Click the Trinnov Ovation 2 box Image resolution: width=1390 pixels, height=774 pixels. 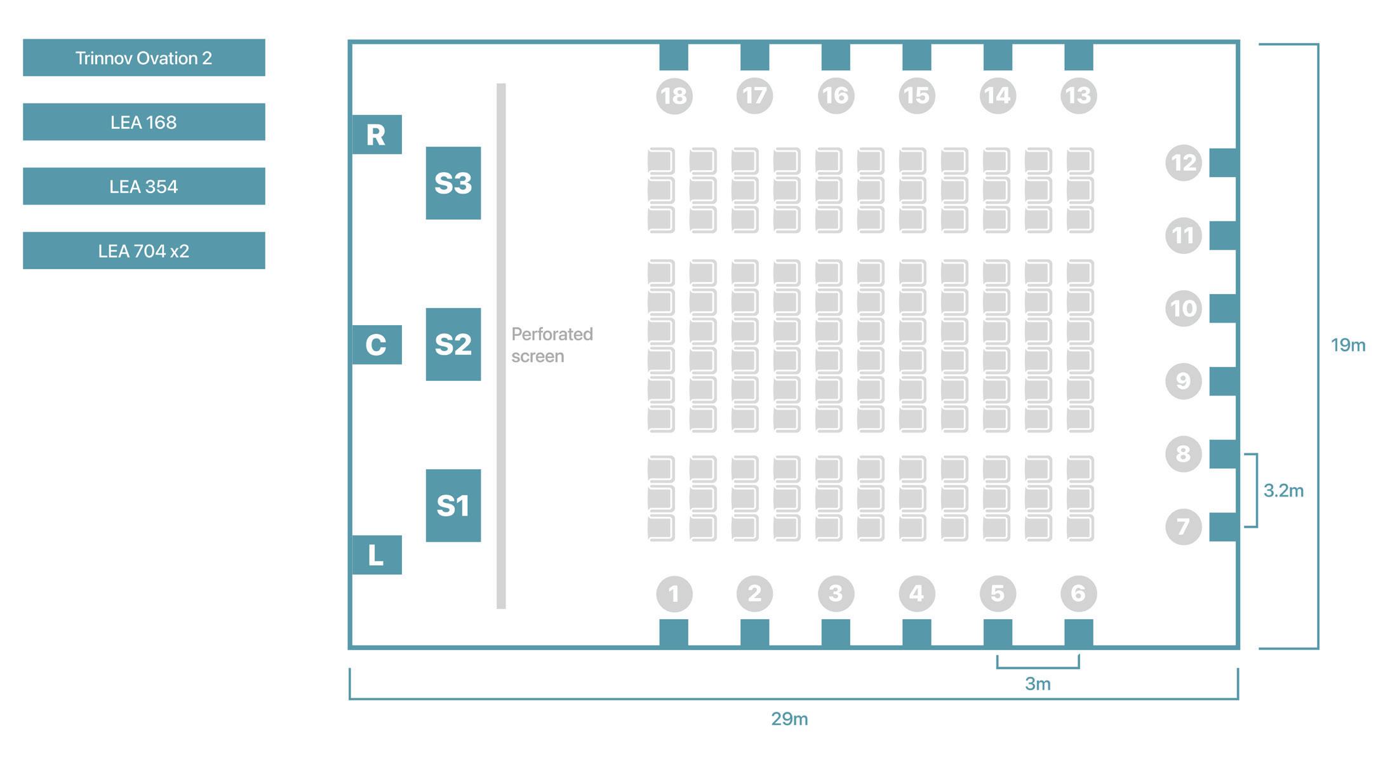click(x=144, y=58)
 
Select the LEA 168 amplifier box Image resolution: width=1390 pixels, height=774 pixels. click(x=144, y=122)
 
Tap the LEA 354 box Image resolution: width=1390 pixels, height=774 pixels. click(x=144, y=186)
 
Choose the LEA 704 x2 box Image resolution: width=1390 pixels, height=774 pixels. click(x=144, y=250)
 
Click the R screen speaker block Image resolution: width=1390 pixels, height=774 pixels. click(x=377, y=135)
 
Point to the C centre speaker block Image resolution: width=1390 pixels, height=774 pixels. click(x=377, y=345)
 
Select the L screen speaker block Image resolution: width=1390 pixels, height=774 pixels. click(x=377, y=555)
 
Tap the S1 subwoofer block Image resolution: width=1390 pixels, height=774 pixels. click(x=453, y=505)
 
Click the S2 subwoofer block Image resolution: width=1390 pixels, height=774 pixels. click(x=453, y=344)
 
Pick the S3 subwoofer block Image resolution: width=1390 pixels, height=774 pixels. click(x=453, y=183)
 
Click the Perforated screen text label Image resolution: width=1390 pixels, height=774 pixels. click(x=551, y=345)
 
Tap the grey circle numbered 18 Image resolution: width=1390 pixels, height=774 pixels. click(x=674, y=96)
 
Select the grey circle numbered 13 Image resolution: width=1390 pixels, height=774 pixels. click(x=1078, y=96)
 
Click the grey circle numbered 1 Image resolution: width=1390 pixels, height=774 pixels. click(x=674, y=594)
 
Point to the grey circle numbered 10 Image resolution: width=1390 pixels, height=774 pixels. click(x=1183, y=309)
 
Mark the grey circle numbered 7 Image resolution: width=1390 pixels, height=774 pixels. click(x=1183, y=526)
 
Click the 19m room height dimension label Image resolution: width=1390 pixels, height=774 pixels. click(x=1347, y=345)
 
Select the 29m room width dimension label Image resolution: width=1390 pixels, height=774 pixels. click(x=789, y=719)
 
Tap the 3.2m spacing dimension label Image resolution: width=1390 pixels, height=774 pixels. click(x=1283, y=490)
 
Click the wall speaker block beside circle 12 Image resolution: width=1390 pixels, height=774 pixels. click(x=1223, y=163)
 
